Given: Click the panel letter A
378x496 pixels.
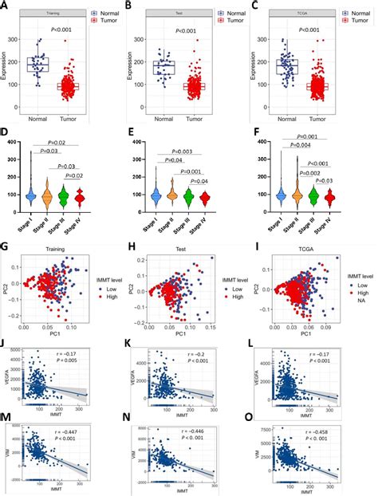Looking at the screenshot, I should (x=6, y=6).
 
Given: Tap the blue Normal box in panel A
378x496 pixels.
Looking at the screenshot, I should (x=37, y=65).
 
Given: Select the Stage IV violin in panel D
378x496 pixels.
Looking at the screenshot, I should (x=100, y=194).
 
